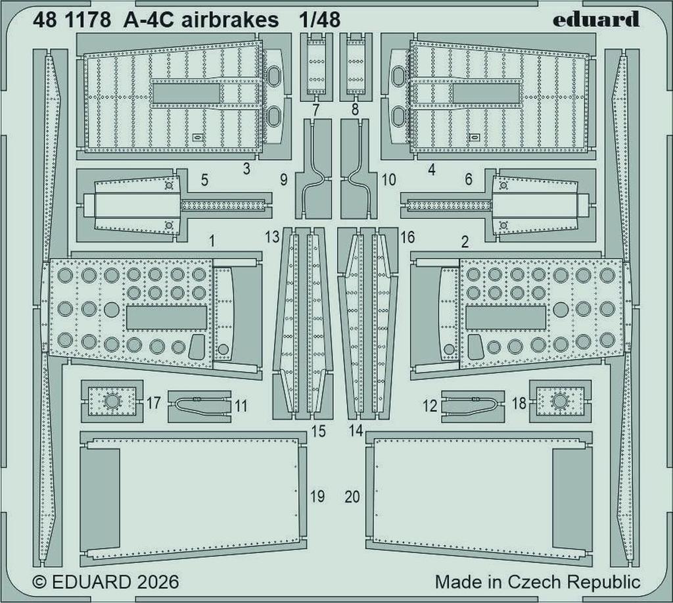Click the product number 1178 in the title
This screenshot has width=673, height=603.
pyautogui.click(x=89, y=20)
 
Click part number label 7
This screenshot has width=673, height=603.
pyautogui.click(x=316, y=110)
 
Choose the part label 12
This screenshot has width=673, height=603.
pyautogui.click(x=430, y=406)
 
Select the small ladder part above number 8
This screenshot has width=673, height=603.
pyautogui.click(x=355, y=65)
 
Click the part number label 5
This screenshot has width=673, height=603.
pyautogui.click(x=204, y=180)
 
